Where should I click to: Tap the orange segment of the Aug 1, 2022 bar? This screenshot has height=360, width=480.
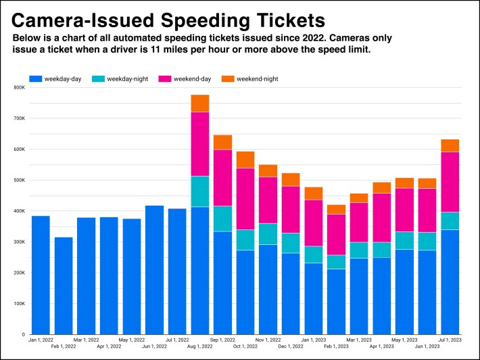click(200, 104)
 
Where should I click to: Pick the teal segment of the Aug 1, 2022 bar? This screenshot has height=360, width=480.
click(200, 192)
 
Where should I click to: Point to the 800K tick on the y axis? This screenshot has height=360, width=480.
click(18, 87)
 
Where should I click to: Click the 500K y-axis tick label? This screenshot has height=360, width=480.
click(18, 180)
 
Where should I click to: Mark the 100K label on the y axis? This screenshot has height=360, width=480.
click(18, 304)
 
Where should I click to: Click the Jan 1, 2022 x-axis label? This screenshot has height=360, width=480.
click(41, 340)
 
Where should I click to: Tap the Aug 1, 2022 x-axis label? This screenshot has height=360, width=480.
click(200, 345)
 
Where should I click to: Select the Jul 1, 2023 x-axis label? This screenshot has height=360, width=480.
click(450, 340)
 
